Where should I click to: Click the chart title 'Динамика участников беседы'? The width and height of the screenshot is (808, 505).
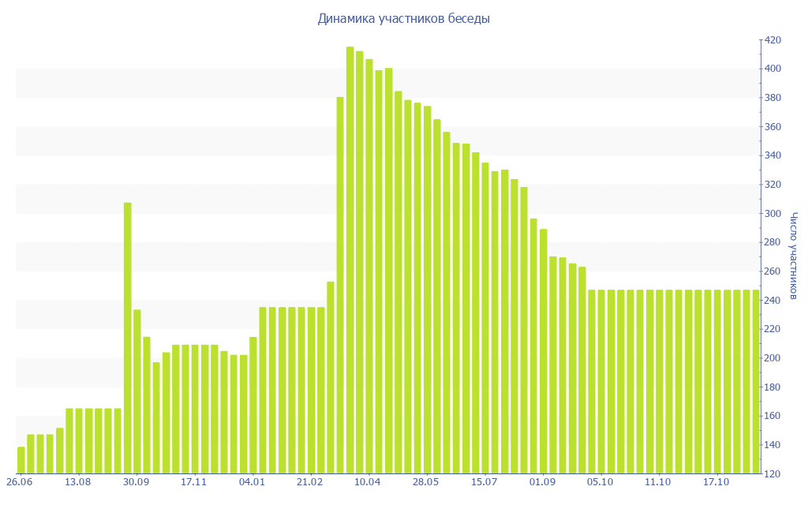403,18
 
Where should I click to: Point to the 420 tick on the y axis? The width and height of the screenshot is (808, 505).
772,40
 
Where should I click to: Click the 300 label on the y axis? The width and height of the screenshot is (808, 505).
772,214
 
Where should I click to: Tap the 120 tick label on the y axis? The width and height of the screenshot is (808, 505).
772,474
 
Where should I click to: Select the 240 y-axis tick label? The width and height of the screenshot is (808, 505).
772,301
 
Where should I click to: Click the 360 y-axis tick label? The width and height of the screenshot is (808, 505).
772,127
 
